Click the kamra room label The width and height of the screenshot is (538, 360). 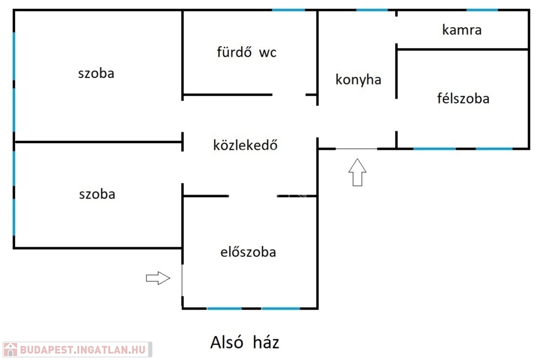(462, 30)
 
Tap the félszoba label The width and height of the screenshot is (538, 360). (463, 98)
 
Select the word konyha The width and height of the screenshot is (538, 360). (358, 79)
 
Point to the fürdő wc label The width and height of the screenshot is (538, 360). (246, 52)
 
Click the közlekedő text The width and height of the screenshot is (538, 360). (245, 145)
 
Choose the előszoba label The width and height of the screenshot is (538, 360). (248, 252)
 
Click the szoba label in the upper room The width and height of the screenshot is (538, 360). (96, 74)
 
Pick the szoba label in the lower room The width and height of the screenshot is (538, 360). (97, 194)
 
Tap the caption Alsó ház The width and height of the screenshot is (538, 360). (245, 343)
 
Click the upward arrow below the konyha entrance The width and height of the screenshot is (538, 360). (357, 172)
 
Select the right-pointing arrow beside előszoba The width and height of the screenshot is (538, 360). (158, 278)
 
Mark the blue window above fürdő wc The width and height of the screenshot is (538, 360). (288, 10)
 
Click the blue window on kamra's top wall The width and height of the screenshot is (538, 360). (482, 10)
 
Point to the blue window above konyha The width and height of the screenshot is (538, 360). (372, 10)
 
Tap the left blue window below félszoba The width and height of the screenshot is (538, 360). (434, 149)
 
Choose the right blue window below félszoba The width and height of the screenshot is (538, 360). (494, 149)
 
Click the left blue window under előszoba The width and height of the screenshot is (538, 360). (224, 308)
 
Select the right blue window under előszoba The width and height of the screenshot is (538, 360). (281, 308)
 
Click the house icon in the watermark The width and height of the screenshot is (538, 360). (11, 349)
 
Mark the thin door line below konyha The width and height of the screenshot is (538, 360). (357, 149)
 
